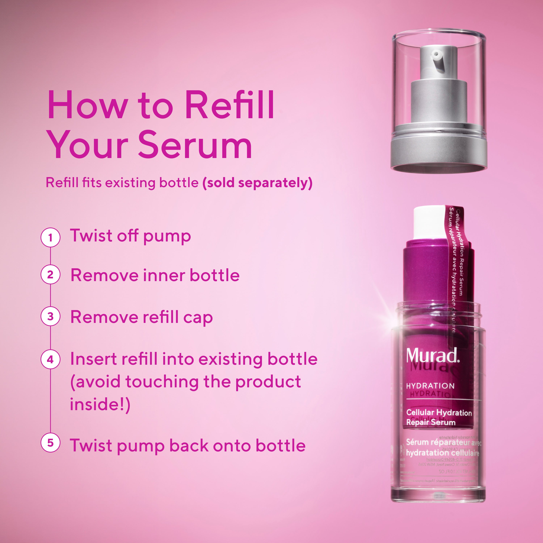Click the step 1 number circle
50,237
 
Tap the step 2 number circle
50,275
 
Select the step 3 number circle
50,316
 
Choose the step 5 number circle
50,443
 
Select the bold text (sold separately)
257,183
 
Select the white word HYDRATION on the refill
430,386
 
